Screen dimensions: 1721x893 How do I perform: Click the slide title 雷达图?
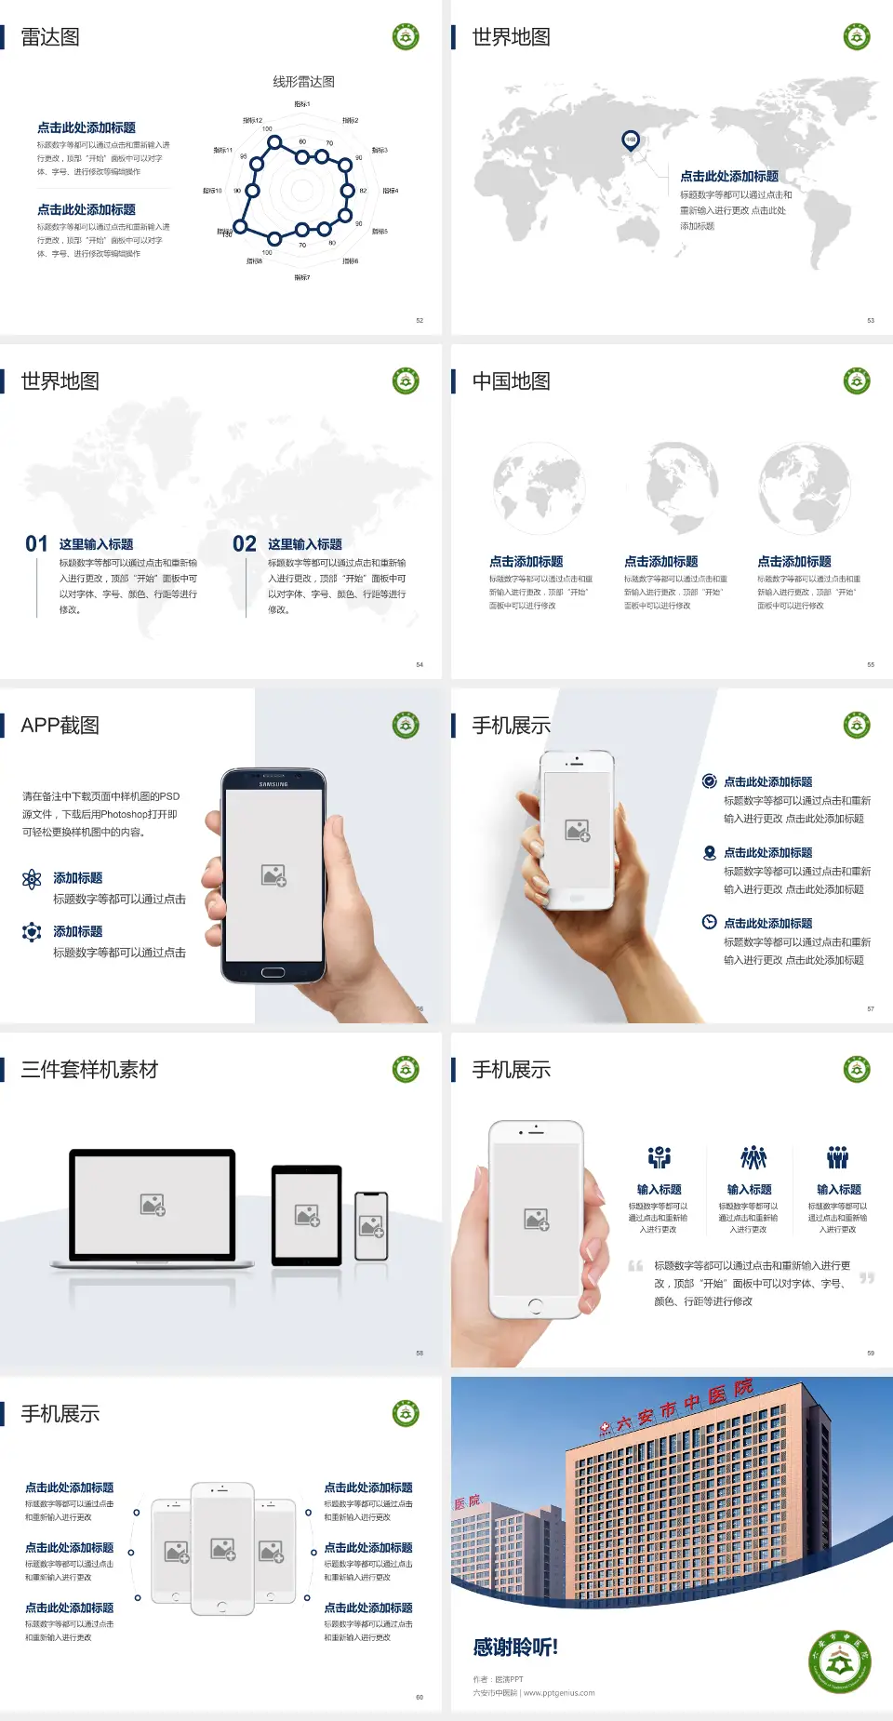pos(50,37)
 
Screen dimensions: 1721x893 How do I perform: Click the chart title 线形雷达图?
pos(303,82)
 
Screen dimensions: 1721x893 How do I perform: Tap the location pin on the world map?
pos(630,140)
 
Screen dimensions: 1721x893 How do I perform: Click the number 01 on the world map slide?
pos(36,543)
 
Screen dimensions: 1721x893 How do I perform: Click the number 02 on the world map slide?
pos(245,543)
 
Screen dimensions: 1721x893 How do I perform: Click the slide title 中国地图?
pos(511,381)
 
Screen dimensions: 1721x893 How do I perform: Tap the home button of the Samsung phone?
pos(273,972)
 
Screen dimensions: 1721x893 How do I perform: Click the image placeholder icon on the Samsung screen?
pos(273,874)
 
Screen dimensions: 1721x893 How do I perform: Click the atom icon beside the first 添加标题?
pos(32,879)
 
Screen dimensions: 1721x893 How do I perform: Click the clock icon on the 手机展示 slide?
pos(709,922)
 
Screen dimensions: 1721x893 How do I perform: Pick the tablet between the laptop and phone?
pos(307,1215)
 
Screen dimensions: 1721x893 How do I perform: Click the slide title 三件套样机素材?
pos(89,1070)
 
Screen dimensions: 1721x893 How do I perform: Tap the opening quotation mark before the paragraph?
pos(635,1266)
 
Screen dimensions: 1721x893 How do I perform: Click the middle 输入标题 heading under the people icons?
pos(749,1190)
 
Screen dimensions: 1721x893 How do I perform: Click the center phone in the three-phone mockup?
pos(222,1548)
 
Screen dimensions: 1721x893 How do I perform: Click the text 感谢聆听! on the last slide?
pos(515,1648)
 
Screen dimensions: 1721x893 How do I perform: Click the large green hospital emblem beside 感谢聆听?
pos(839,1661)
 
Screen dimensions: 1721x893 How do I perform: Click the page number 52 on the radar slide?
pos(420,320)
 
